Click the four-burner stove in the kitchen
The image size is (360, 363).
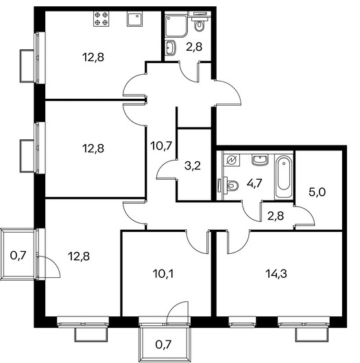pos(101,19)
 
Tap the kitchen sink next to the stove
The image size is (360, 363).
pos(135,19)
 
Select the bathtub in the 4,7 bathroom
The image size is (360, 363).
pos(284,176)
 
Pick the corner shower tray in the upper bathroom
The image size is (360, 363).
pos(176,26)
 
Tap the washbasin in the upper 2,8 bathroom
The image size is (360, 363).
pos(171,48)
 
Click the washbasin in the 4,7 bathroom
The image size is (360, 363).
pos(261,160)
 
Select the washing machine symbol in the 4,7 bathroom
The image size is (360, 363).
pos(232,160)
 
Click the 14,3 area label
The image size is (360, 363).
pos(276,274)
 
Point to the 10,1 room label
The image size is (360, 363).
pos(163,274)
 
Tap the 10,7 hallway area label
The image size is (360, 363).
pos(161,146)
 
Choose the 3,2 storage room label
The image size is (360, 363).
pos(193,166)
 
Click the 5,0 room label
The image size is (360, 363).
pos(317,192)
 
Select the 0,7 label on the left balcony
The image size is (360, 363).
pos(18,256)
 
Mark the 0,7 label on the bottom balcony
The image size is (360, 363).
pos(163,344)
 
